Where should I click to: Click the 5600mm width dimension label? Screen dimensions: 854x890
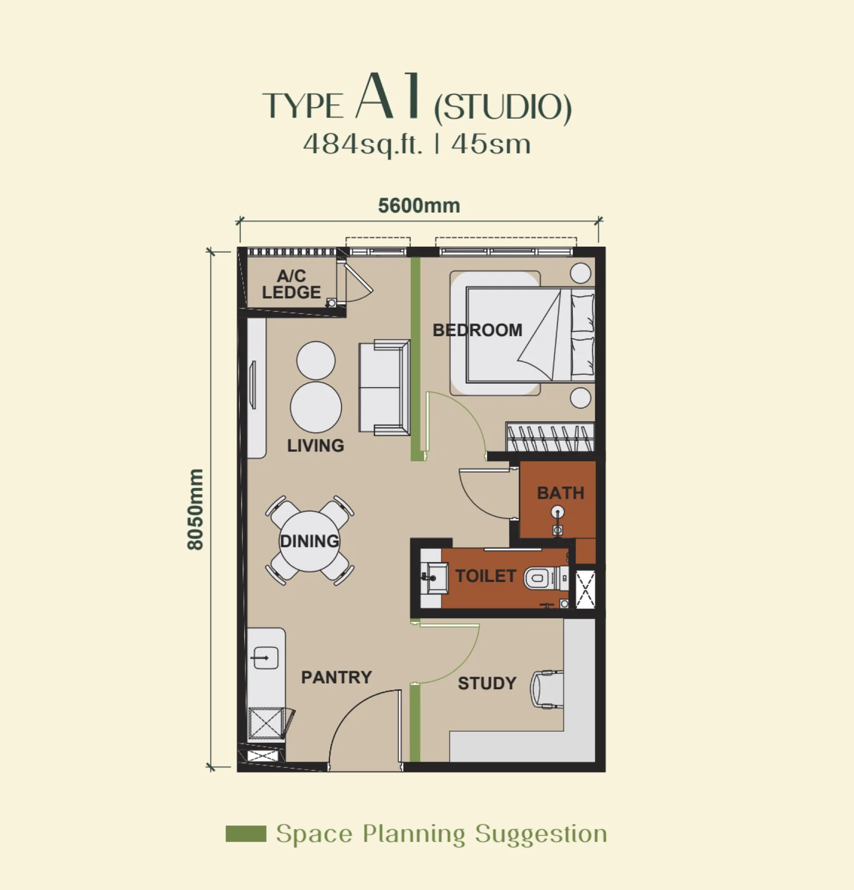point(419,206)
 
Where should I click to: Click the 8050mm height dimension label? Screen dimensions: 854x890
point(196,509)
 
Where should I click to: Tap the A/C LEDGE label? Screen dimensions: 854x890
point(291,284)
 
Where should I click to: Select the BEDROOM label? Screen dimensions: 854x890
point(477,330)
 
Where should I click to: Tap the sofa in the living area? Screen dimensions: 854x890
point(384,388)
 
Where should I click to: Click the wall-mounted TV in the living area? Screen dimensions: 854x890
point(253,385)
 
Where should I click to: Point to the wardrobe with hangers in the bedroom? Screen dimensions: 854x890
point(550,437)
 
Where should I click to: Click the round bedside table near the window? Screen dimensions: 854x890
point(581,273)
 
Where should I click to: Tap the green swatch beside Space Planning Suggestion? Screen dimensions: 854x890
point(246,834)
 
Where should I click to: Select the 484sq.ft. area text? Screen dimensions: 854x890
point(363,145)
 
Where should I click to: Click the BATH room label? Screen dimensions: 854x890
point(560,493)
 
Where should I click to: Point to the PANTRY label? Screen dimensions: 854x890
point(337,677)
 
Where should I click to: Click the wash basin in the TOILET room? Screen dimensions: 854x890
point(434,577)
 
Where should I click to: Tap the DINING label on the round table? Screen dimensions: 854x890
point(310,541)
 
